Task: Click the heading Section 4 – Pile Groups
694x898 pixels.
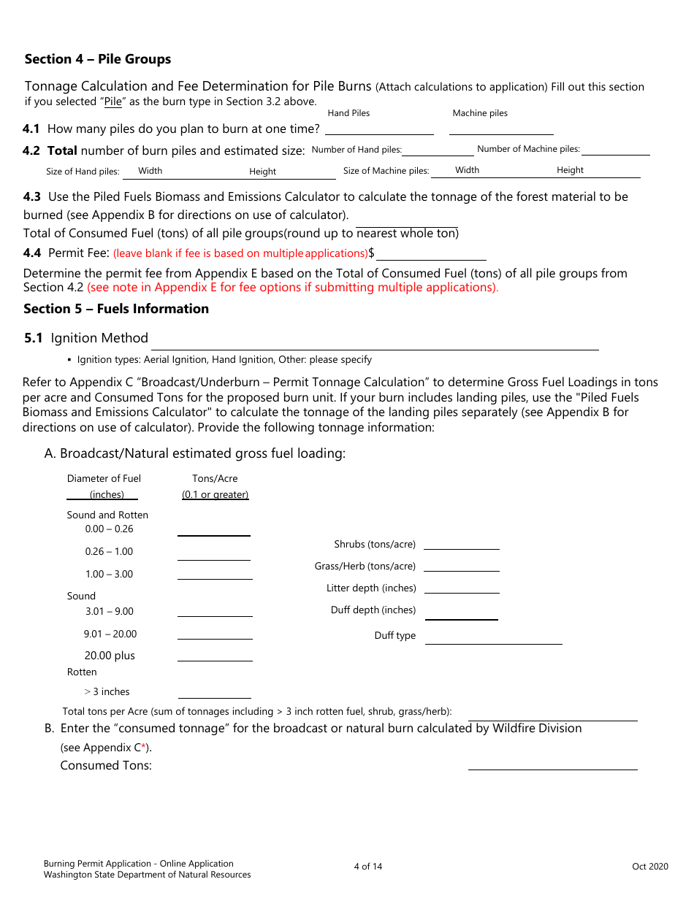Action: coord(98,59)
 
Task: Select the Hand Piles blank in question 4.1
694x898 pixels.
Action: coord(379,128)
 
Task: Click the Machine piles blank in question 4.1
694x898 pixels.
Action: coord(501,128)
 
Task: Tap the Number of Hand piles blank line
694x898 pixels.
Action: coord(438,150)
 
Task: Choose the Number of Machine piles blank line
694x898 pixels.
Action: coord(615,150)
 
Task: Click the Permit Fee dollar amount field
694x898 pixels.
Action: coord(431,253)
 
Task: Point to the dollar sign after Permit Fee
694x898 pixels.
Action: coord(372,253)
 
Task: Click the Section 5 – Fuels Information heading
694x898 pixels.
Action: coord(116,309)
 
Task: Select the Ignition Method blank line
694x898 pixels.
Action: coord(374,343)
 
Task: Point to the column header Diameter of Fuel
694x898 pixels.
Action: coord(104,479)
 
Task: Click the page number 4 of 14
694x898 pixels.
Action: coord(368,867)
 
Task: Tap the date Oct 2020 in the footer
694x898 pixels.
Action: coord(649,867)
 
